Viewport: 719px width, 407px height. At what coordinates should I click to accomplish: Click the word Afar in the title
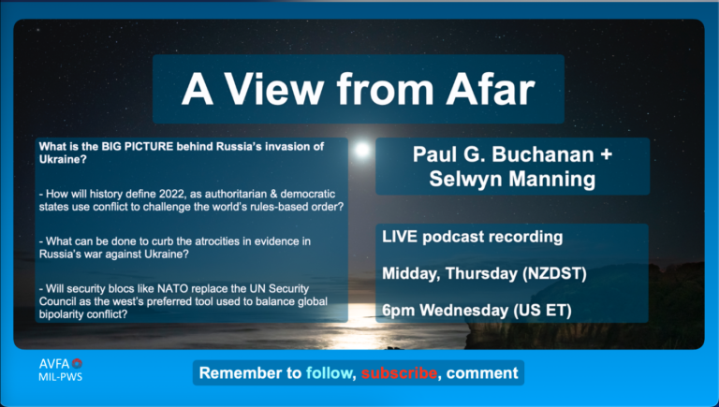(491, 89)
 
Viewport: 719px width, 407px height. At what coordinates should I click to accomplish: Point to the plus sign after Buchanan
(607, 154)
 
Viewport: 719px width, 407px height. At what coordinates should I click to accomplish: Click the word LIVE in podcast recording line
(400, 237)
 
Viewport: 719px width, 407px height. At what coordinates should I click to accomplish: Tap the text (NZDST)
(554, 273)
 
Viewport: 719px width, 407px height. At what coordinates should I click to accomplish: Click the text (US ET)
(542, 311)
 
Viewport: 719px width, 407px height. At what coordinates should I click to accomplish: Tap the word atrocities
(211, 241)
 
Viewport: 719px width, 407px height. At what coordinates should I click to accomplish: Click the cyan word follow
(329, 373)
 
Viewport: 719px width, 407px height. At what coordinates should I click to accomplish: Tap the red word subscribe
(399, 373)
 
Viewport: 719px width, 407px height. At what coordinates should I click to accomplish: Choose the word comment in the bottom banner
(482, 373)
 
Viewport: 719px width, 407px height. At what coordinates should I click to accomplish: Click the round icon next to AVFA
(77, 364)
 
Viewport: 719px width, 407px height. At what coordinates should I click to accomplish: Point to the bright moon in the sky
(362, 150)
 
